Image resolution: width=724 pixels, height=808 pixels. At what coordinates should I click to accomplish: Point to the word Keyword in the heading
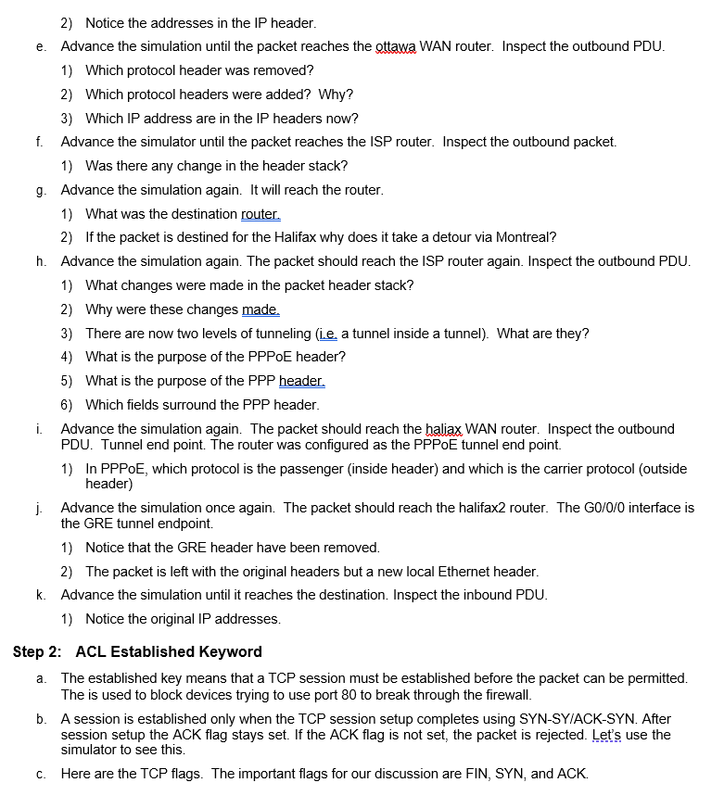(234, 652)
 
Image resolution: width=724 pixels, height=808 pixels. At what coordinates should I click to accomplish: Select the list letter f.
(40, 142)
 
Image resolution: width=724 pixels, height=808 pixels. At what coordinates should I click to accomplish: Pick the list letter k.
(41, 595)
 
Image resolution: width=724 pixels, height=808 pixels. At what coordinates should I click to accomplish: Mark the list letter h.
(41, 261)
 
